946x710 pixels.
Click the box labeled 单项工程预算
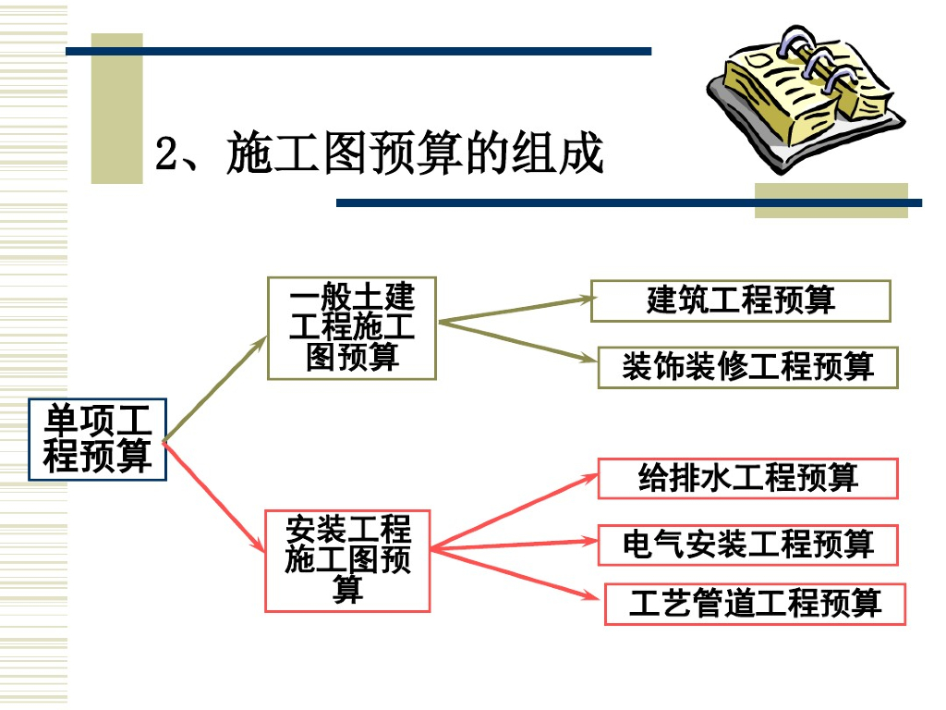[97, 439]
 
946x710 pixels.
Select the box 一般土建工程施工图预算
[351, 328]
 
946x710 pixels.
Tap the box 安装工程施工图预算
[347, 561]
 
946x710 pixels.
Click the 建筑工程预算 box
[740, 300]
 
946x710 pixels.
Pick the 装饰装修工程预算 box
[747, 367]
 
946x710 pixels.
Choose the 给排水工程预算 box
[747, 478]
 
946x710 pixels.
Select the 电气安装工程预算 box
[747, 545]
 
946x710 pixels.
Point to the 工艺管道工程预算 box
[755, 604]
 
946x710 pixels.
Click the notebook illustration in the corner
[802, 102]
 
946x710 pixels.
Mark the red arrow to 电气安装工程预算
[514, 545]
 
